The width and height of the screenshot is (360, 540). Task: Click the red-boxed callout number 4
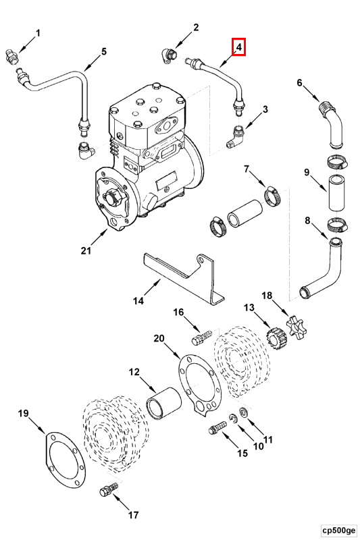(239, 47)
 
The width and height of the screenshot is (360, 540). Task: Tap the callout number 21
(86, 250)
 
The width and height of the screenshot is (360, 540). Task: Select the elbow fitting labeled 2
(168, 56)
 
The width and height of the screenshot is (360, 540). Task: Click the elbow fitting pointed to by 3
(236, 137)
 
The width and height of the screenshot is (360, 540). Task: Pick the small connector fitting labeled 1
(12, 56)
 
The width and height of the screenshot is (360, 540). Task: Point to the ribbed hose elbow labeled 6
(332, 124)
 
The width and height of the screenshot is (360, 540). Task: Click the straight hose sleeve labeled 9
(336, 192)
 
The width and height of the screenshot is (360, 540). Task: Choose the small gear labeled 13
(276, 340)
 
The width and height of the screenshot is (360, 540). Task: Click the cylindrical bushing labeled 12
(164, 403)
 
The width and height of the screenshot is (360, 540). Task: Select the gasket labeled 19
(65, 455)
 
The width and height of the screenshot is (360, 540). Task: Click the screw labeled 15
(217, 428)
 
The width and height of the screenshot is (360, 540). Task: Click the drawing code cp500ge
(338, 530)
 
